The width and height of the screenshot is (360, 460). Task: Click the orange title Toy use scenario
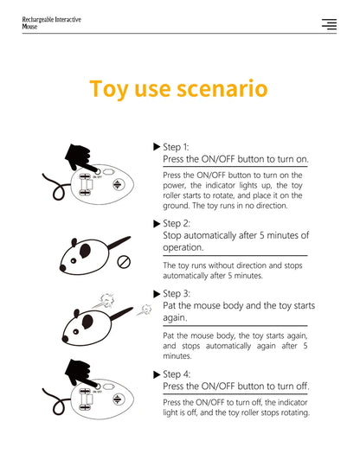click(x=179, y=89)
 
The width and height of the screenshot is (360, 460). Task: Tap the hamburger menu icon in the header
click(x=329, y=25)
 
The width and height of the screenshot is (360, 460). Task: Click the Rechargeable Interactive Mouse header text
click(x=51, y=22)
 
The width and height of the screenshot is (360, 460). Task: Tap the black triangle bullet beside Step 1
click(x=157, y=147)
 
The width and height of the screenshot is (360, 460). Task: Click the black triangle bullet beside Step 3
click(x=157, y=294)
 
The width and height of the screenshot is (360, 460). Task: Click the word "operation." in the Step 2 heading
click(x=183, y=247)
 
